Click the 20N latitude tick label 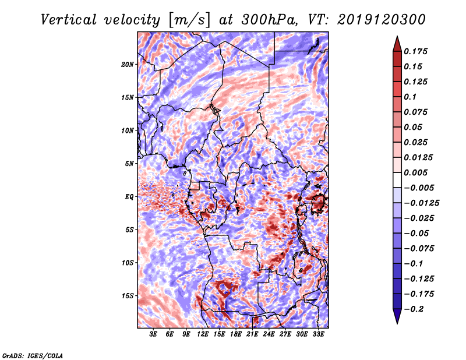[x=128, y=64]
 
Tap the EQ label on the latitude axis [x=129, y=196]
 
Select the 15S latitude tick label [x=128, y=296]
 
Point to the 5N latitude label [x=129, y=163]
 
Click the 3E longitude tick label [x=153, y=334]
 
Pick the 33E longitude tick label [x=318, y=334]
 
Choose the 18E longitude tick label [x=236, y=334]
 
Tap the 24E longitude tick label [x=269, y=334]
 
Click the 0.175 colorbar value [x=416, y=51]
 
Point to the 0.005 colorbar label [x=416, y=172]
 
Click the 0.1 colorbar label [x=411, y=97]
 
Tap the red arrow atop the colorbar [x=397, y=44]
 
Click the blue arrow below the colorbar [x=397, y=316]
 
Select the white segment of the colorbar [x=397, y=180]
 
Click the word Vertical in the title [x=69, y=20]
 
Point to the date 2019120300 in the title [x=382, y=20]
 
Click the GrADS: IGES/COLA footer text [x=33, y=356]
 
